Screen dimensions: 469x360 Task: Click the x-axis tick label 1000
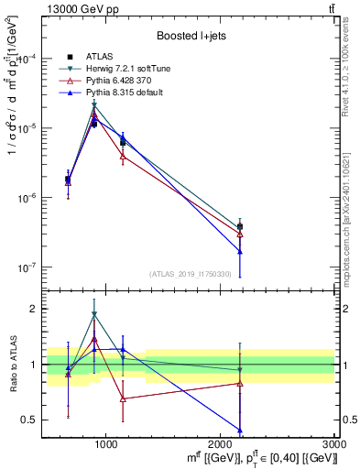[106, 442]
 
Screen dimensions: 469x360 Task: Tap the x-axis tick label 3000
[333, 442]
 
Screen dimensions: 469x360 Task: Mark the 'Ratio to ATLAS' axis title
[12, 365]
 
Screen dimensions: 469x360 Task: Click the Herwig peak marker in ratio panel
[94, 314]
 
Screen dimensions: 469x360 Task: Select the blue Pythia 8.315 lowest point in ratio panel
[240, 430]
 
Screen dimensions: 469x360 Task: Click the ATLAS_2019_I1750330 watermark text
[191, 274]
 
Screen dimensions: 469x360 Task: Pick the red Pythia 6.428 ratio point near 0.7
[123, 398]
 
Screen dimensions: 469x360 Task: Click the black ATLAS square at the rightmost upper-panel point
[240, 226]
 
